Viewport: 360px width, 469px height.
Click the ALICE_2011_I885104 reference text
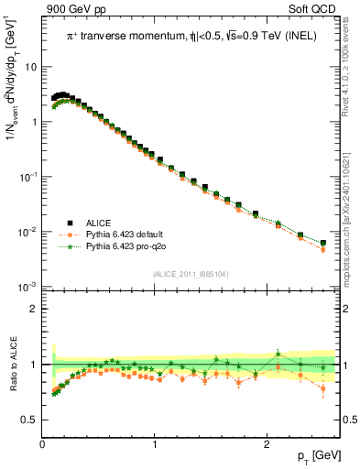click(191, 273)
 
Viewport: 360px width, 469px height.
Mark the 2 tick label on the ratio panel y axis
click(33, 310)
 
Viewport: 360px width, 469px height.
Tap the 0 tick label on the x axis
click(43, 444)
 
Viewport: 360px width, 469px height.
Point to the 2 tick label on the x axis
click(266, 444)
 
